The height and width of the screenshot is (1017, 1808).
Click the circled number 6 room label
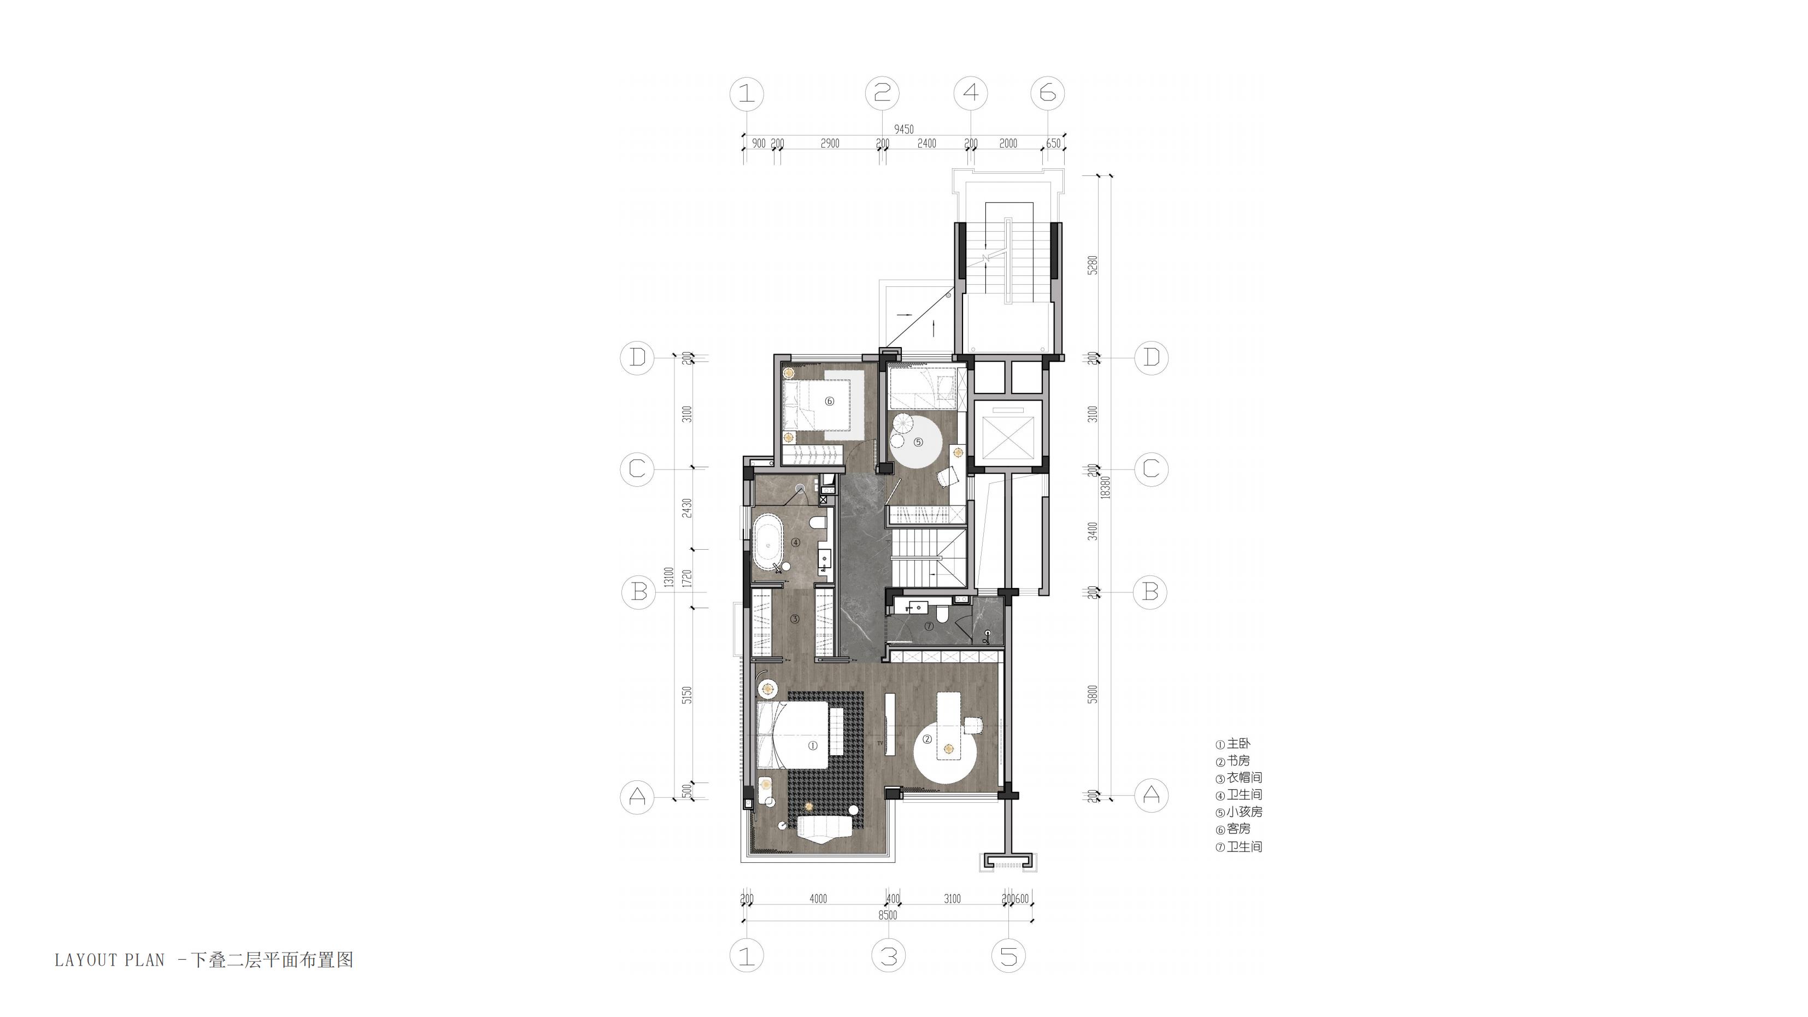pos(829,402)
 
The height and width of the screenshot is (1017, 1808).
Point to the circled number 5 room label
pos(918,442)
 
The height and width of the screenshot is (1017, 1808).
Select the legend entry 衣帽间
pos(1244,778)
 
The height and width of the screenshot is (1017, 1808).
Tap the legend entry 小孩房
pos(1244,812)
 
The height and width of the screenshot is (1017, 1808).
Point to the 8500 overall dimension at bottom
pos(887,915)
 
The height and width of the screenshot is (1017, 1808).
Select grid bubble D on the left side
pos(637,358)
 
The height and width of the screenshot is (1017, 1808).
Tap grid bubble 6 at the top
pos(1047,93)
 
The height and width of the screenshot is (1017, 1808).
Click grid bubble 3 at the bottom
pos(889,956)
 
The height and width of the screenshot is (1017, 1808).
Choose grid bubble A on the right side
pos(1151,795)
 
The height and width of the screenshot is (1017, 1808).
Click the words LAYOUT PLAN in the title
pos(109,960)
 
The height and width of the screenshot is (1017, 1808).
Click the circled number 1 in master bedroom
pos(813,746)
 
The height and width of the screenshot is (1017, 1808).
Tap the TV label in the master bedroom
pos(879,743)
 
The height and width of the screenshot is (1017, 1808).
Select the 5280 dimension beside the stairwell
pos(1091,265)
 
